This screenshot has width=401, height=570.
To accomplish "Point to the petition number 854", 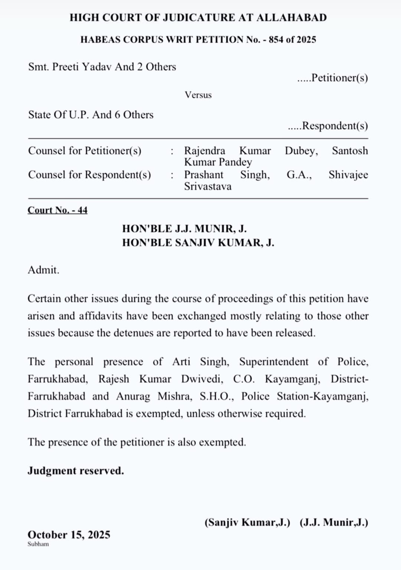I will (276, 39).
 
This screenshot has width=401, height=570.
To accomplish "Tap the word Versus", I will (198, 95).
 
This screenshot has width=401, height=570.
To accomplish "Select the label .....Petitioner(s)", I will (332, 78).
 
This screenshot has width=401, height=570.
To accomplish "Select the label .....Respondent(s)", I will (328, 126).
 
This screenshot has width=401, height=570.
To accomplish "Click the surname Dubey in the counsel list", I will (301, 150).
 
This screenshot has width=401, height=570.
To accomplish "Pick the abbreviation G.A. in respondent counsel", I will (299, 175).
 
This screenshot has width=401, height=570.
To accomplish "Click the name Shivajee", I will (348, 175).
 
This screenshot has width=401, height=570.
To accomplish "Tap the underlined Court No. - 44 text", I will (58, 210).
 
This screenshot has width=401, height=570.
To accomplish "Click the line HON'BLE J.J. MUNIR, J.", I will (184, 229).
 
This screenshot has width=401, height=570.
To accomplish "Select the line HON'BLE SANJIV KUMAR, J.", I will (198, 243).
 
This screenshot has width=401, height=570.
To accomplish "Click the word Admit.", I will (43, 270).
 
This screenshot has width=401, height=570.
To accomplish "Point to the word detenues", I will (133, 333).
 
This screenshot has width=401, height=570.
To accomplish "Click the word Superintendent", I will (274, 362).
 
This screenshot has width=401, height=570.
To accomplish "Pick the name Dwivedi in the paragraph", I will (202, 379).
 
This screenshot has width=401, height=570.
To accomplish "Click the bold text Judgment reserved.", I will (76, 470).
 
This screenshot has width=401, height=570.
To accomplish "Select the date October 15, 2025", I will (69, 534).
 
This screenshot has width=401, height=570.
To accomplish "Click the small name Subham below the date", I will (38, 544).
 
